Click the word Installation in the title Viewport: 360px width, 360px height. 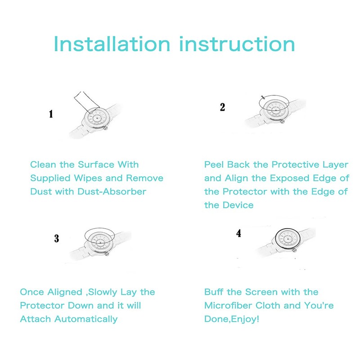(112, 44)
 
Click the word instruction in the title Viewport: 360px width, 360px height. (237, 44)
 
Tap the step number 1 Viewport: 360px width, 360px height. (51, 114)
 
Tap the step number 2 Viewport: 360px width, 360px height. (222, 107)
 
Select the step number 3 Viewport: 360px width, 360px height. (57, 238)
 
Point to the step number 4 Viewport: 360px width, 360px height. (239, 233)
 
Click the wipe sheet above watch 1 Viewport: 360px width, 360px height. (86, 101)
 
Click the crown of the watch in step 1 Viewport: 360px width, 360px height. (106, 128)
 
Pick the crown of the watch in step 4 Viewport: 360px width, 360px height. (295, 250)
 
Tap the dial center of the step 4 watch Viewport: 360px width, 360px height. (288, 239)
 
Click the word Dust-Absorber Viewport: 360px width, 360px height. (112, 192)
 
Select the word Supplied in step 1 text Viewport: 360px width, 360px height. (50, 178)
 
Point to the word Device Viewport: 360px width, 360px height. (238, 205)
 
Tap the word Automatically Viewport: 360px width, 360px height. (86, 319)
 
